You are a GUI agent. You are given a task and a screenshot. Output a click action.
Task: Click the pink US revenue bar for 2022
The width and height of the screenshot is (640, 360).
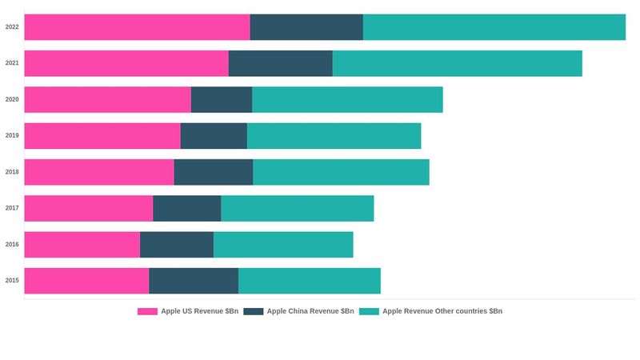click(x=137, y=27)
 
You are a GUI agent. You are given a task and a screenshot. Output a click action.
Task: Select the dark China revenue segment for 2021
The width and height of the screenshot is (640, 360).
click(x=280, y=63)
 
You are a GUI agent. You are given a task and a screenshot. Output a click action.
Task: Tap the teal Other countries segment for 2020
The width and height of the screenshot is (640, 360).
click(x=347, y=99)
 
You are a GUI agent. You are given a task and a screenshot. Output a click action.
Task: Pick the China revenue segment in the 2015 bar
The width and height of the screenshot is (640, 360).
click(x=194, y=281)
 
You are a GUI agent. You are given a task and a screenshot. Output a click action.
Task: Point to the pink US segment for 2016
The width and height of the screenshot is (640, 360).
click(x=82, y=245)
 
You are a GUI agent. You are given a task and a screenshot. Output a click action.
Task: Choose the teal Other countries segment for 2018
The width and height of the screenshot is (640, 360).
click(x=341, y=172)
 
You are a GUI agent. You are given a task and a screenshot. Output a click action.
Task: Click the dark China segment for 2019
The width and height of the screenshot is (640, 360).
click(x=214, y=136)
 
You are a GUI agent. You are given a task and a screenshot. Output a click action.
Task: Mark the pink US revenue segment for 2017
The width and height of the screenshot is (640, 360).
click(x=88, y=208)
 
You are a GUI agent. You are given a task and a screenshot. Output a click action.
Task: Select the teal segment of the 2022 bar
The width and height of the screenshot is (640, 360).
click(x=494, y=27)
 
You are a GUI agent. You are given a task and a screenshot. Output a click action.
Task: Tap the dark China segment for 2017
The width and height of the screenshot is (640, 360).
click(x=186, y=208)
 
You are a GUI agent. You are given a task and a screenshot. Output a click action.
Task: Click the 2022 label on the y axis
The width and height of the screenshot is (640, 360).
click(x=12, y=27)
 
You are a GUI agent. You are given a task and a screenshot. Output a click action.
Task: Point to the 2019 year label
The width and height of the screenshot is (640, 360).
click(x=12, y=136)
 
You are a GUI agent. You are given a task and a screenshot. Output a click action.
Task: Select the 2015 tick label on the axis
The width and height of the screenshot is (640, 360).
click(x=12, y=281)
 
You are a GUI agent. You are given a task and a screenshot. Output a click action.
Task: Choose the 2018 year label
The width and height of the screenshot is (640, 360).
click(x=12, y=172)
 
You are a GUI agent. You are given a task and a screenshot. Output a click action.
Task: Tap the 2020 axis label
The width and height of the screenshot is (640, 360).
click(x=12, y=99)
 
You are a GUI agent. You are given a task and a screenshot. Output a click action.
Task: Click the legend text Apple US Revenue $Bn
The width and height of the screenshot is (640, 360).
click(x=199, y=311)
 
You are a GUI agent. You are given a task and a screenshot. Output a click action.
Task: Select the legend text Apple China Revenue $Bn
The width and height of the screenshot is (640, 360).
click(x=310, y=311)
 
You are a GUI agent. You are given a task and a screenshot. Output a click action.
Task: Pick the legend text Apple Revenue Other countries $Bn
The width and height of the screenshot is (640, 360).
click(x=442, y=311)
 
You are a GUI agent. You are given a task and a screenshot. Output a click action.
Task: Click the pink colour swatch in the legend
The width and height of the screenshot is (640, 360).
click(x=147, y=311)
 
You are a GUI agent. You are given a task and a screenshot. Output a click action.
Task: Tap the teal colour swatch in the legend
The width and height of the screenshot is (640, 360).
click(x=369, y=311)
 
